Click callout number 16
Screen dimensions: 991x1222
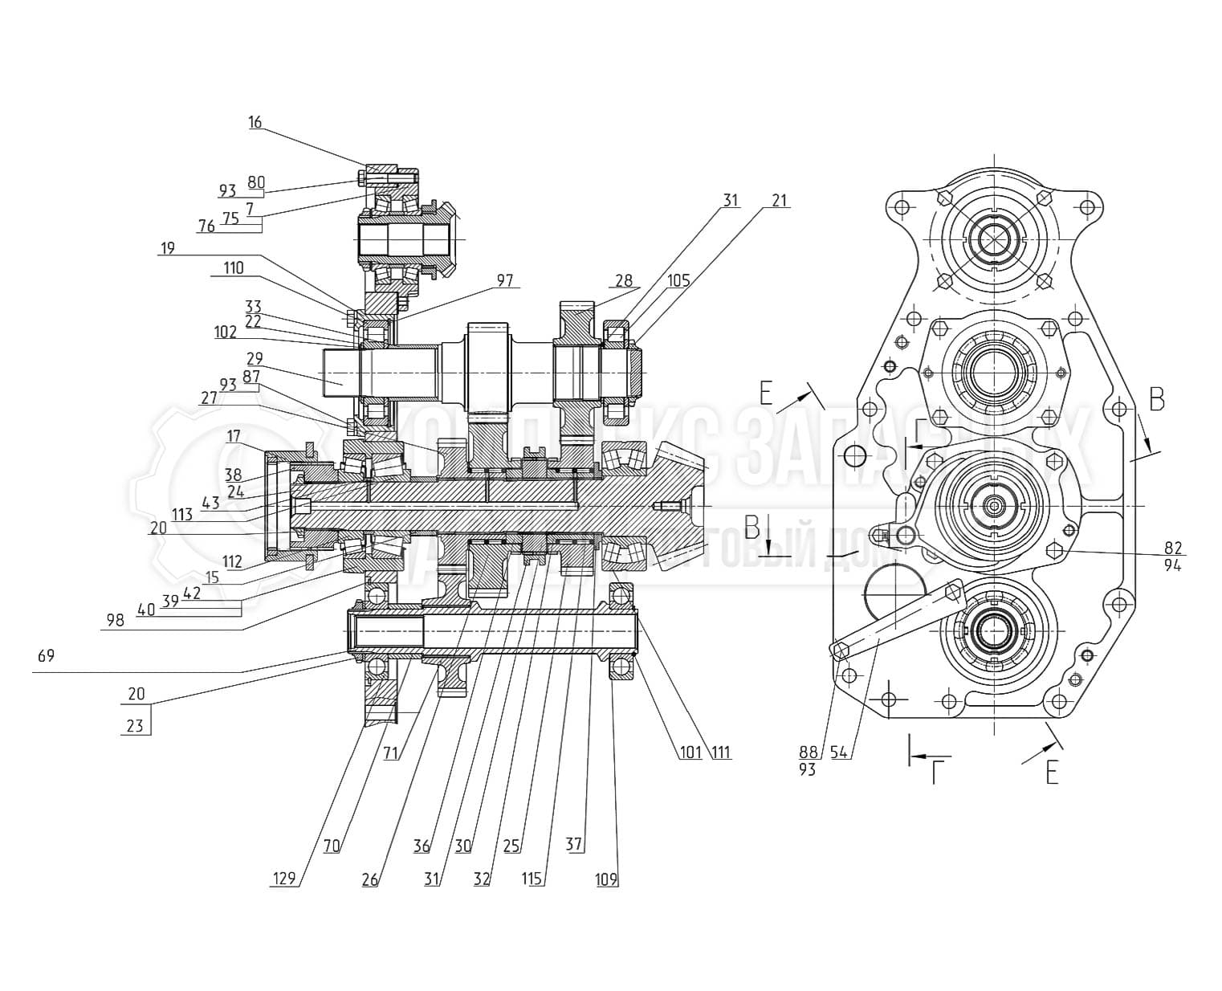click(x=255, y=123)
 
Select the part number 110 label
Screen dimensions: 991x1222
click(x=234, y=268)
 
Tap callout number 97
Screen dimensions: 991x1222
click(x=504, y=280)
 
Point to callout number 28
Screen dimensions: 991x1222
click(x=625, y=280)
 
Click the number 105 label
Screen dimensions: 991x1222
click(x=678, y=280)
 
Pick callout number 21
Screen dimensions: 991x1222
click(x=779, y=200)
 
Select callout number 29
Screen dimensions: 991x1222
click(x=255, y=358)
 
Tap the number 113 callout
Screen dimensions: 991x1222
click(x=182, y=515)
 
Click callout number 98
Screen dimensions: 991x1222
click(x=116, y=621)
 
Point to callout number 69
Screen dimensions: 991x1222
click(x=46, y=656)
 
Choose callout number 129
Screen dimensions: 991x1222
click(x=283, y=879)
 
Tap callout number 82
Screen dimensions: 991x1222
click(x=1174, y=548)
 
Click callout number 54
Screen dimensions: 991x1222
click(x=840, y=752)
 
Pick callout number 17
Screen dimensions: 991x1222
click(x=234, y=437)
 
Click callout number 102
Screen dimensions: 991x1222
click(x=226, y=332)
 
